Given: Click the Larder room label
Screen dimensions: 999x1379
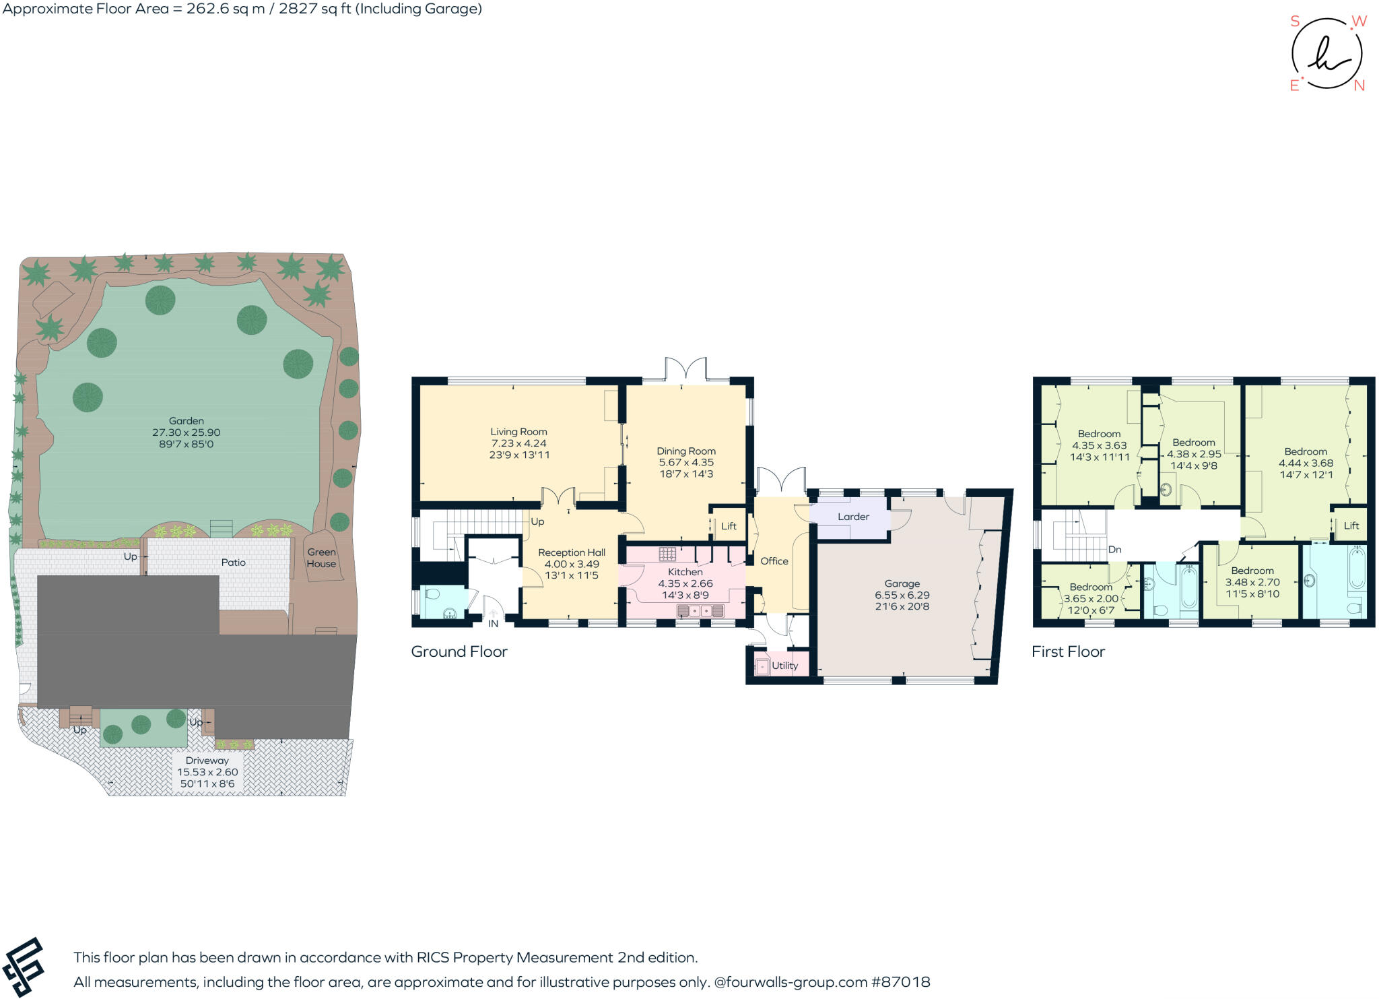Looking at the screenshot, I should coord(853,517).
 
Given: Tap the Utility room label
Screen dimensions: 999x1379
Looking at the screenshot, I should coord(784,666).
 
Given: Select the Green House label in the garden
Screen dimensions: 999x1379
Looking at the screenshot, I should coord(321,558).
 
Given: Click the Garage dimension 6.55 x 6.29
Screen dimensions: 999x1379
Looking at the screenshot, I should coord(902,595).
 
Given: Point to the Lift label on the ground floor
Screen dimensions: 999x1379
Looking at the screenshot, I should coord(729,526).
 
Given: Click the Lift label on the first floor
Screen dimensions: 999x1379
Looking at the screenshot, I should coord(1351,525).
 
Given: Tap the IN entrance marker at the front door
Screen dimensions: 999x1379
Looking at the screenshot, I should coord(493,624).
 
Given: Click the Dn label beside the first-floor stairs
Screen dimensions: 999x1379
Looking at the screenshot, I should coord(1114,550).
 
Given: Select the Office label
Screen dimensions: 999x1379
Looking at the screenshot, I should coord(774,561).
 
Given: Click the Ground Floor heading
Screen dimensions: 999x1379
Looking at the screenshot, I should coord(459,651).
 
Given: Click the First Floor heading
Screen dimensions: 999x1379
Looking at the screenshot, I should coord(1068,651).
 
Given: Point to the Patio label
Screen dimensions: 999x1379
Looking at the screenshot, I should coord(233,562).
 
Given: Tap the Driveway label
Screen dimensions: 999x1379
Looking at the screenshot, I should coord(207,761).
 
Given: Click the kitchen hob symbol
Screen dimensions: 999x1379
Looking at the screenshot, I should coord(667,554).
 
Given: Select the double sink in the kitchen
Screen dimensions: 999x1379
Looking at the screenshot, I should coord(700,611).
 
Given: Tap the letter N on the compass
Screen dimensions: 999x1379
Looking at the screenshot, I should coord(1359,86).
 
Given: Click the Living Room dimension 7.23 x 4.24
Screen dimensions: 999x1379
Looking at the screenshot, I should coord(518,443).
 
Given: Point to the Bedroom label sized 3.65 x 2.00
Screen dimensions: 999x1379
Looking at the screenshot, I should coord(1091,587).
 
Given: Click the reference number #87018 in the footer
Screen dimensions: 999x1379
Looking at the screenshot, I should coord(900,982).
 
